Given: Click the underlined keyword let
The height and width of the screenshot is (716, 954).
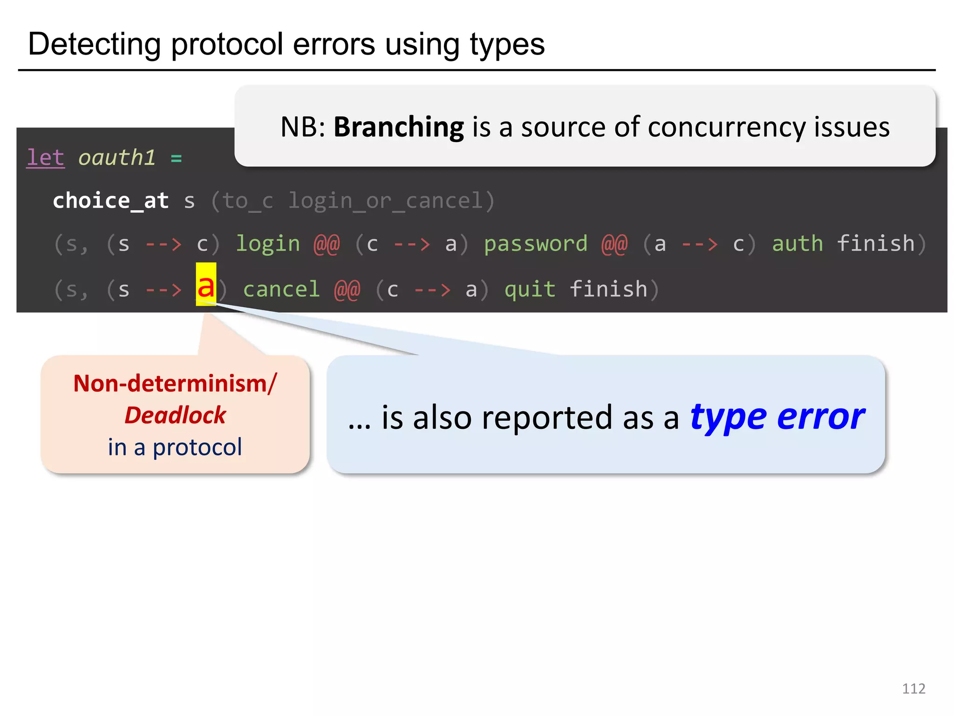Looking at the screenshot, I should pyautogui.click(x=45, y=158).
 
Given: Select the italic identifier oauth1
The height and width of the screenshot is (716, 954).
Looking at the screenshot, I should pyautogui.click(x=116, y=158).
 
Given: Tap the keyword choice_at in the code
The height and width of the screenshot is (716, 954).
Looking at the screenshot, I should pyautogui.click(x=110, y=201).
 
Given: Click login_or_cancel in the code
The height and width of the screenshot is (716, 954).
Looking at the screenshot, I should pyautogui.click(x=385, y=201).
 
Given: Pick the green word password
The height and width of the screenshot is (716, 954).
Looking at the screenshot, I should pyautogui.click(x=536, y=244).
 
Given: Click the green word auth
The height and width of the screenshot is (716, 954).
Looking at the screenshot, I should pyautogui.click(x=797, y=244).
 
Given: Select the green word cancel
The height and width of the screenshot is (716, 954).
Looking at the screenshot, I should pyautogui.click(x=281, y=289).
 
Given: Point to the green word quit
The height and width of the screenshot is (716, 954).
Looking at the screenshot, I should pyautogui.click(x=530, y=289).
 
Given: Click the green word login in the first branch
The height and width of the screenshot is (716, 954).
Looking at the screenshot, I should pyautogui.click(x=268, y=244).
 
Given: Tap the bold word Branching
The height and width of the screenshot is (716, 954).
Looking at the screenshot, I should pyautogui.click(x=399, y=127).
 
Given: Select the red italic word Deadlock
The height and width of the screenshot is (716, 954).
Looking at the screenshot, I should pyautogui.click(x=175, y=415).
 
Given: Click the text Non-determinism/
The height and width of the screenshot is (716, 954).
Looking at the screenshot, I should pyautogui.click(x=175, y=383).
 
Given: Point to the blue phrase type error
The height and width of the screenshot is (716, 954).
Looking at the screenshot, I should pyautogui.click(x=777, y=416).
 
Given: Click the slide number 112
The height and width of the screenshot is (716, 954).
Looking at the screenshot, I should pyautogui.click(x=913, y=688).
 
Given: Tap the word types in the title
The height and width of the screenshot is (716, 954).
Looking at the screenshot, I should pyautogui.click(x=507, y=44).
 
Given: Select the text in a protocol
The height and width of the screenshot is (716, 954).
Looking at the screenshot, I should pyautogui.click(x=175, y=447).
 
